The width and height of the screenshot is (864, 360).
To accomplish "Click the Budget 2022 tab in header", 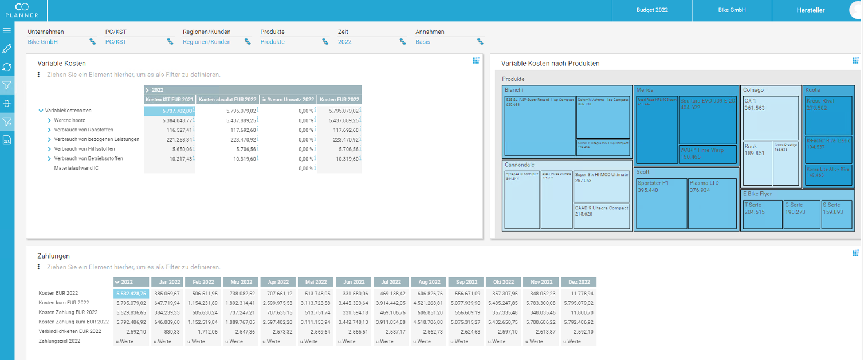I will click(652, 10).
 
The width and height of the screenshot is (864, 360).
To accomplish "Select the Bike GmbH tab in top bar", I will click(732, 10).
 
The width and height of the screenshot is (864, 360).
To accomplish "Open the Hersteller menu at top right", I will click(810, 10).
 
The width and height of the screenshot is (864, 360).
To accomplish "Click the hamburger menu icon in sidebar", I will click(7, 30).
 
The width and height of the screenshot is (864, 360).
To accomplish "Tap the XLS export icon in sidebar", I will click(7, 140).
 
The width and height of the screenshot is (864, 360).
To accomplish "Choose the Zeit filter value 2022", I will click(345, 42).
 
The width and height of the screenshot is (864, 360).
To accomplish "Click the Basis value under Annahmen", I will click(423, 42).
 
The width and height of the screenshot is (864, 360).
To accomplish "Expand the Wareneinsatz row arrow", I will click(49, 121).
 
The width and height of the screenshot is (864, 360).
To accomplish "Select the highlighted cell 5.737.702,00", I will click(170, 111).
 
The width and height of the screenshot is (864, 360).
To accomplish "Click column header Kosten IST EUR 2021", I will click(170, 100).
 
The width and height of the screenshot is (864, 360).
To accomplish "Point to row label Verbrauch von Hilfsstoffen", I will click(88, 149).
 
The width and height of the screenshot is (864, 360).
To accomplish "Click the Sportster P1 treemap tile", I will click(661, 203).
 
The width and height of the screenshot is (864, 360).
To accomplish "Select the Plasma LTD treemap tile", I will click(713, 203).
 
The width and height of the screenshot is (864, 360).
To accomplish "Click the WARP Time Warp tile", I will click(708, 153).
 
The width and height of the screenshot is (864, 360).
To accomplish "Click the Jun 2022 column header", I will click(354, 282).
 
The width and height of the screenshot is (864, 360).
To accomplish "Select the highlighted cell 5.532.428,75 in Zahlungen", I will click(131, 293).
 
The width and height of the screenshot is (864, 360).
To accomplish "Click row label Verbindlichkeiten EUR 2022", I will click(70, 331).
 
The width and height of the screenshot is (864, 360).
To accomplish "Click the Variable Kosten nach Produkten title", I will click(550, 64).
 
